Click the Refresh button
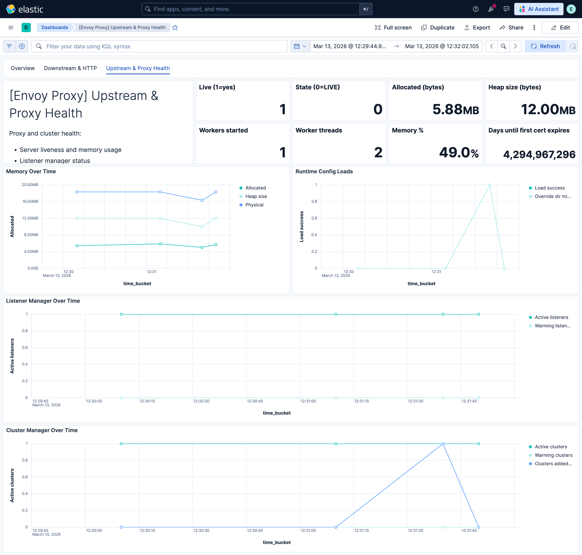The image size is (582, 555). pos(545,46)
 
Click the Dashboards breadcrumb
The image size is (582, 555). pos(54,28)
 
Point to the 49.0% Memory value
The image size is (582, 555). pos(458,152)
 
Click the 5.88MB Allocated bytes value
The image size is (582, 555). pos(455,109)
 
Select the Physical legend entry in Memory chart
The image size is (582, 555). pos(254,205)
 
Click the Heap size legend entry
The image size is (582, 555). pos(256,196)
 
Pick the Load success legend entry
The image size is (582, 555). pos(549,188)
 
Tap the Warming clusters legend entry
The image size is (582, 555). pos(553,455)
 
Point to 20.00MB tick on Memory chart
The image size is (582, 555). pos(30,185)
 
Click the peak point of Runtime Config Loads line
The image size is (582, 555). pos(489,185)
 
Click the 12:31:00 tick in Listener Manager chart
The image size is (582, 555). pos(308,401)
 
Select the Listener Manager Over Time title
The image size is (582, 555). pos(43,301)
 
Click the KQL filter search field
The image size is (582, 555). pos(160,46)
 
